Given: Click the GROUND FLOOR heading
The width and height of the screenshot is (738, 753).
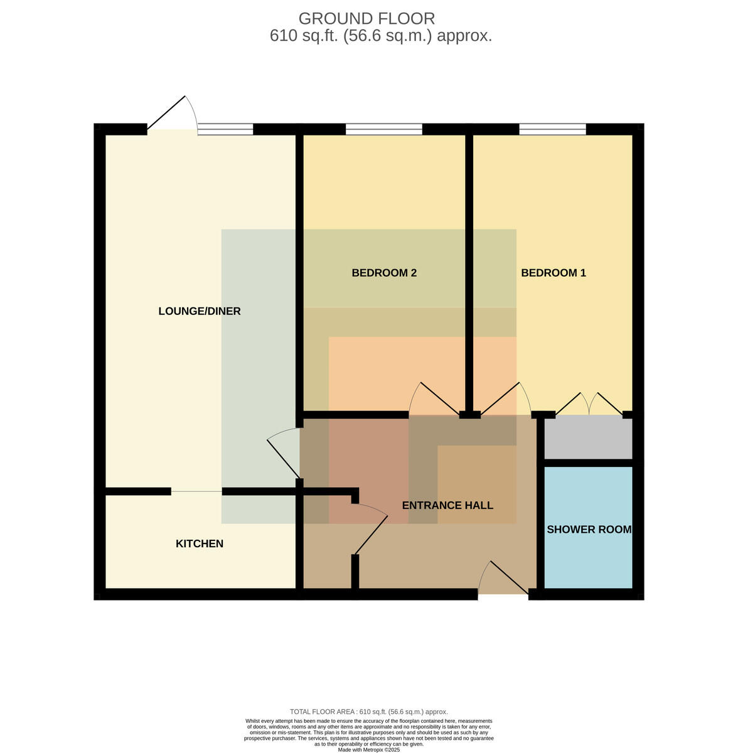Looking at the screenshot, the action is (x=366, y=18).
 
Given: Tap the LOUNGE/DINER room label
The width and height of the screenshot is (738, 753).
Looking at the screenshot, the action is (x=200, y=311).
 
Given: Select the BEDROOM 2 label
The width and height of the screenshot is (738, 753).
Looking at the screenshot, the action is (x=384, y=273).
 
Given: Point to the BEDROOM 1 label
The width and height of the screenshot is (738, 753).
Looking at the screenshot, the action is (x=553, y=273).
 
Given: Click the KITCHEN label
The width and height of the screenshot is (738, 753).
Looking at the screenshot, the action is (x=200, y=543).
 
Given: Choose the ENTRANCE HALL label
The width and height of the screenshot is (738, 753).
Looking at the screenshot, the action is (x=447, y=505).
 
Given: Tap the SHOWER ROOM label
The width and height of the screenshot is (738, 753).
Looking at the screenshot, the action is (x=589, y=530).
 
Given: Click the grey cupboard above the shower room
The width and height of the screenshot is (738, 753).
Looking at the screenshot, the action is (x=588, y=437).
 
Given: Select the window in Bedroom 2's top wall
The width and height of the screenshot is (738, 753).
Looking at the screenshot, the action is (x=384, y=129).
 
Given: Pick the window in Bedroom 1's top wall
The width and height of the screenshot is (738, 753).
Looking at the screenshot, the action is (x=552, y=129).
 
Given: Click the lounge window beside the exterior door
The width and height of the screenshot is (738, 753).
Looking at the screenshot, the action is (x=225, y=129).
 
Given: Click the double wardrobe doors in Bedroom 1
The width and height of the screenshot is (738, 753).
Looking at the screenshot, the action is (x=589, y=403).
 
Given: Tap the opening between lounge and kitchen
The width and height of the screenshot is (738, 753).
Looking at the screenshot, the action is (x=196, y=491).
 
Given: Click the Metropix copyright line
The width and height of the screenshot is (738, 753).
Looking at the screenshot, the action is (x=368, y=750).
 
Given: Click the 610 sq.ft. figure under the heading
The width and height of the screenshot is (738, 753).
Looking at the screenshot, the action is (x=303, y=36).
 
